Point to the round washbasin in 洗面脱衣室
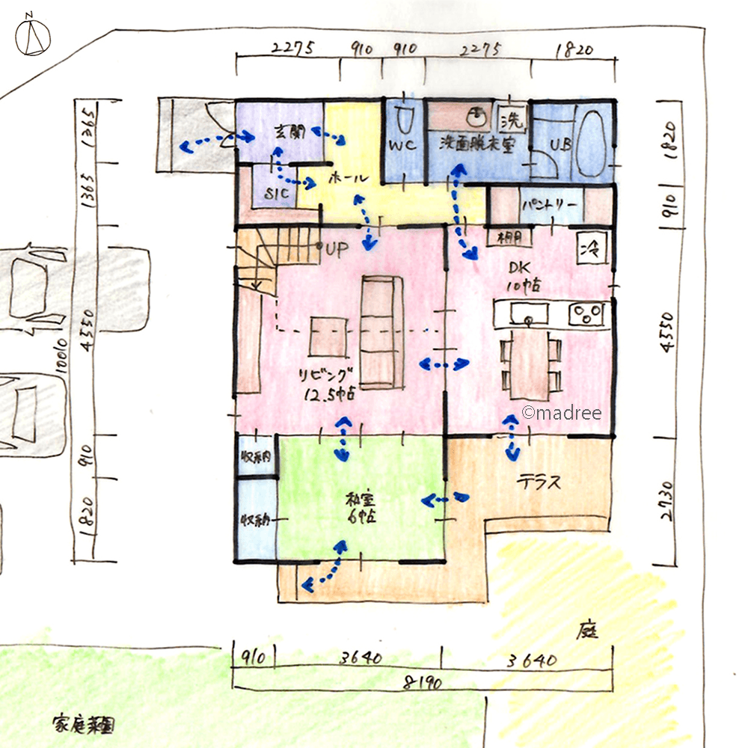pos(474,117)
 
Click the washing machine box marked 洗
pos(513,117)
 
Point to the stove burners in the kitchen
pos(589,313)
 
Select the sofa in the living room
pos(381,330)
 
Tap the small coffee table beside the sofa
pos(329,336)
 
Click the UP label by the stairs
pos(333,251)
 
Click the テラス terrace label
pos(539,482)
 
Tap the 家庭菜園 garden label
pos(83,725)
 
